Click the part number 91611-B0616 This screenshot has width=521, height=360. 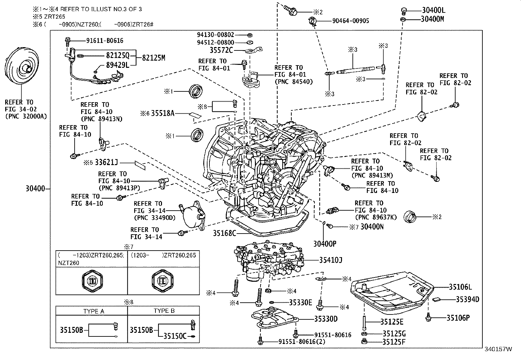105,41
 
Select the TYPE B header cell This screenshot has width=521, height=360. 164,311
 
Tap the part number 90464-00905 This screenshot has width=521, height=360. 350,21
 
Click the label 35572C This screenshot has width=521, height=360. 221,50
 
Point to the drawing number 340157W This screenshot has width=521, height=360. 498,349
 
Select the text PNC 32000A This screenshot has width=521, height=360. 26,116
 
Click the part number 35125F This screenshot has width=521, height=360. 394,342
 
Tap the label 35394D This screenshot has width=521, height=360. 467,299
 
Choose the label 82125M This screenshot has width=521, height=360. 153,58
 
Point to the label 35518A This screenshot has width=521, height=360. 163,113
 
